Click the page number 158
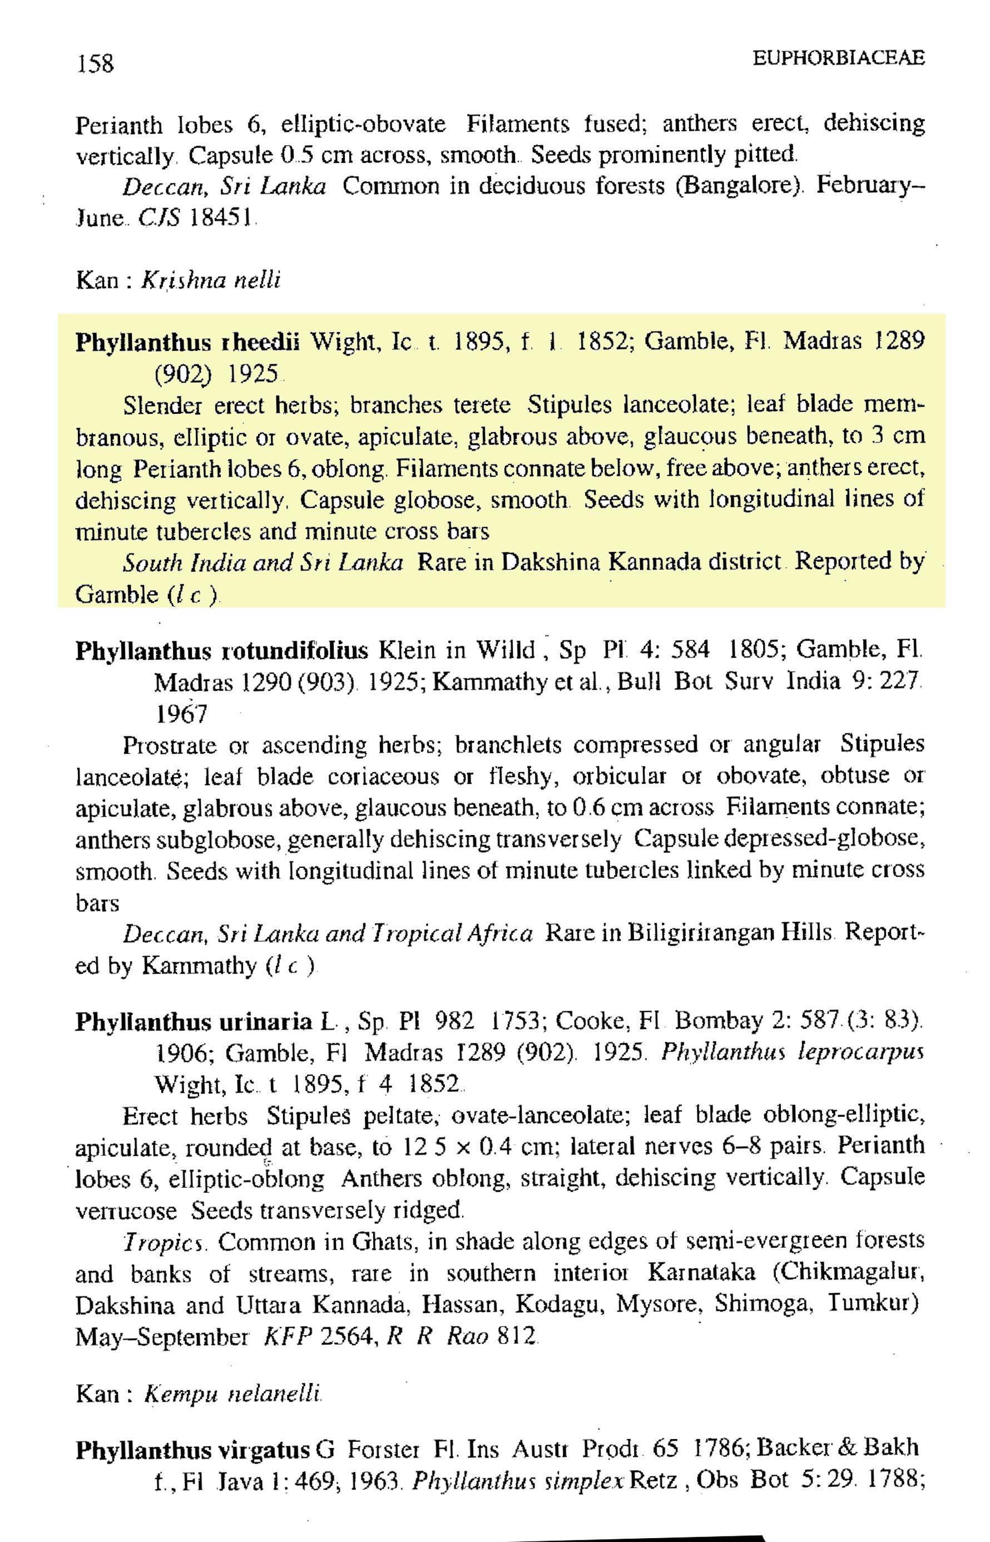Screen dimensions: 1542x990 [95, 63]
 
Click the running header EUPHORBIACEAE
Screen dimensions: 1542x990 [838, 58]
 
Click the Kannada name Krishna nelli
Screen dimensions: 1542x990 [210, 281]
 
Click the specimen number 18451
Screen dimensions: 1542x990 [220, 219]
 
